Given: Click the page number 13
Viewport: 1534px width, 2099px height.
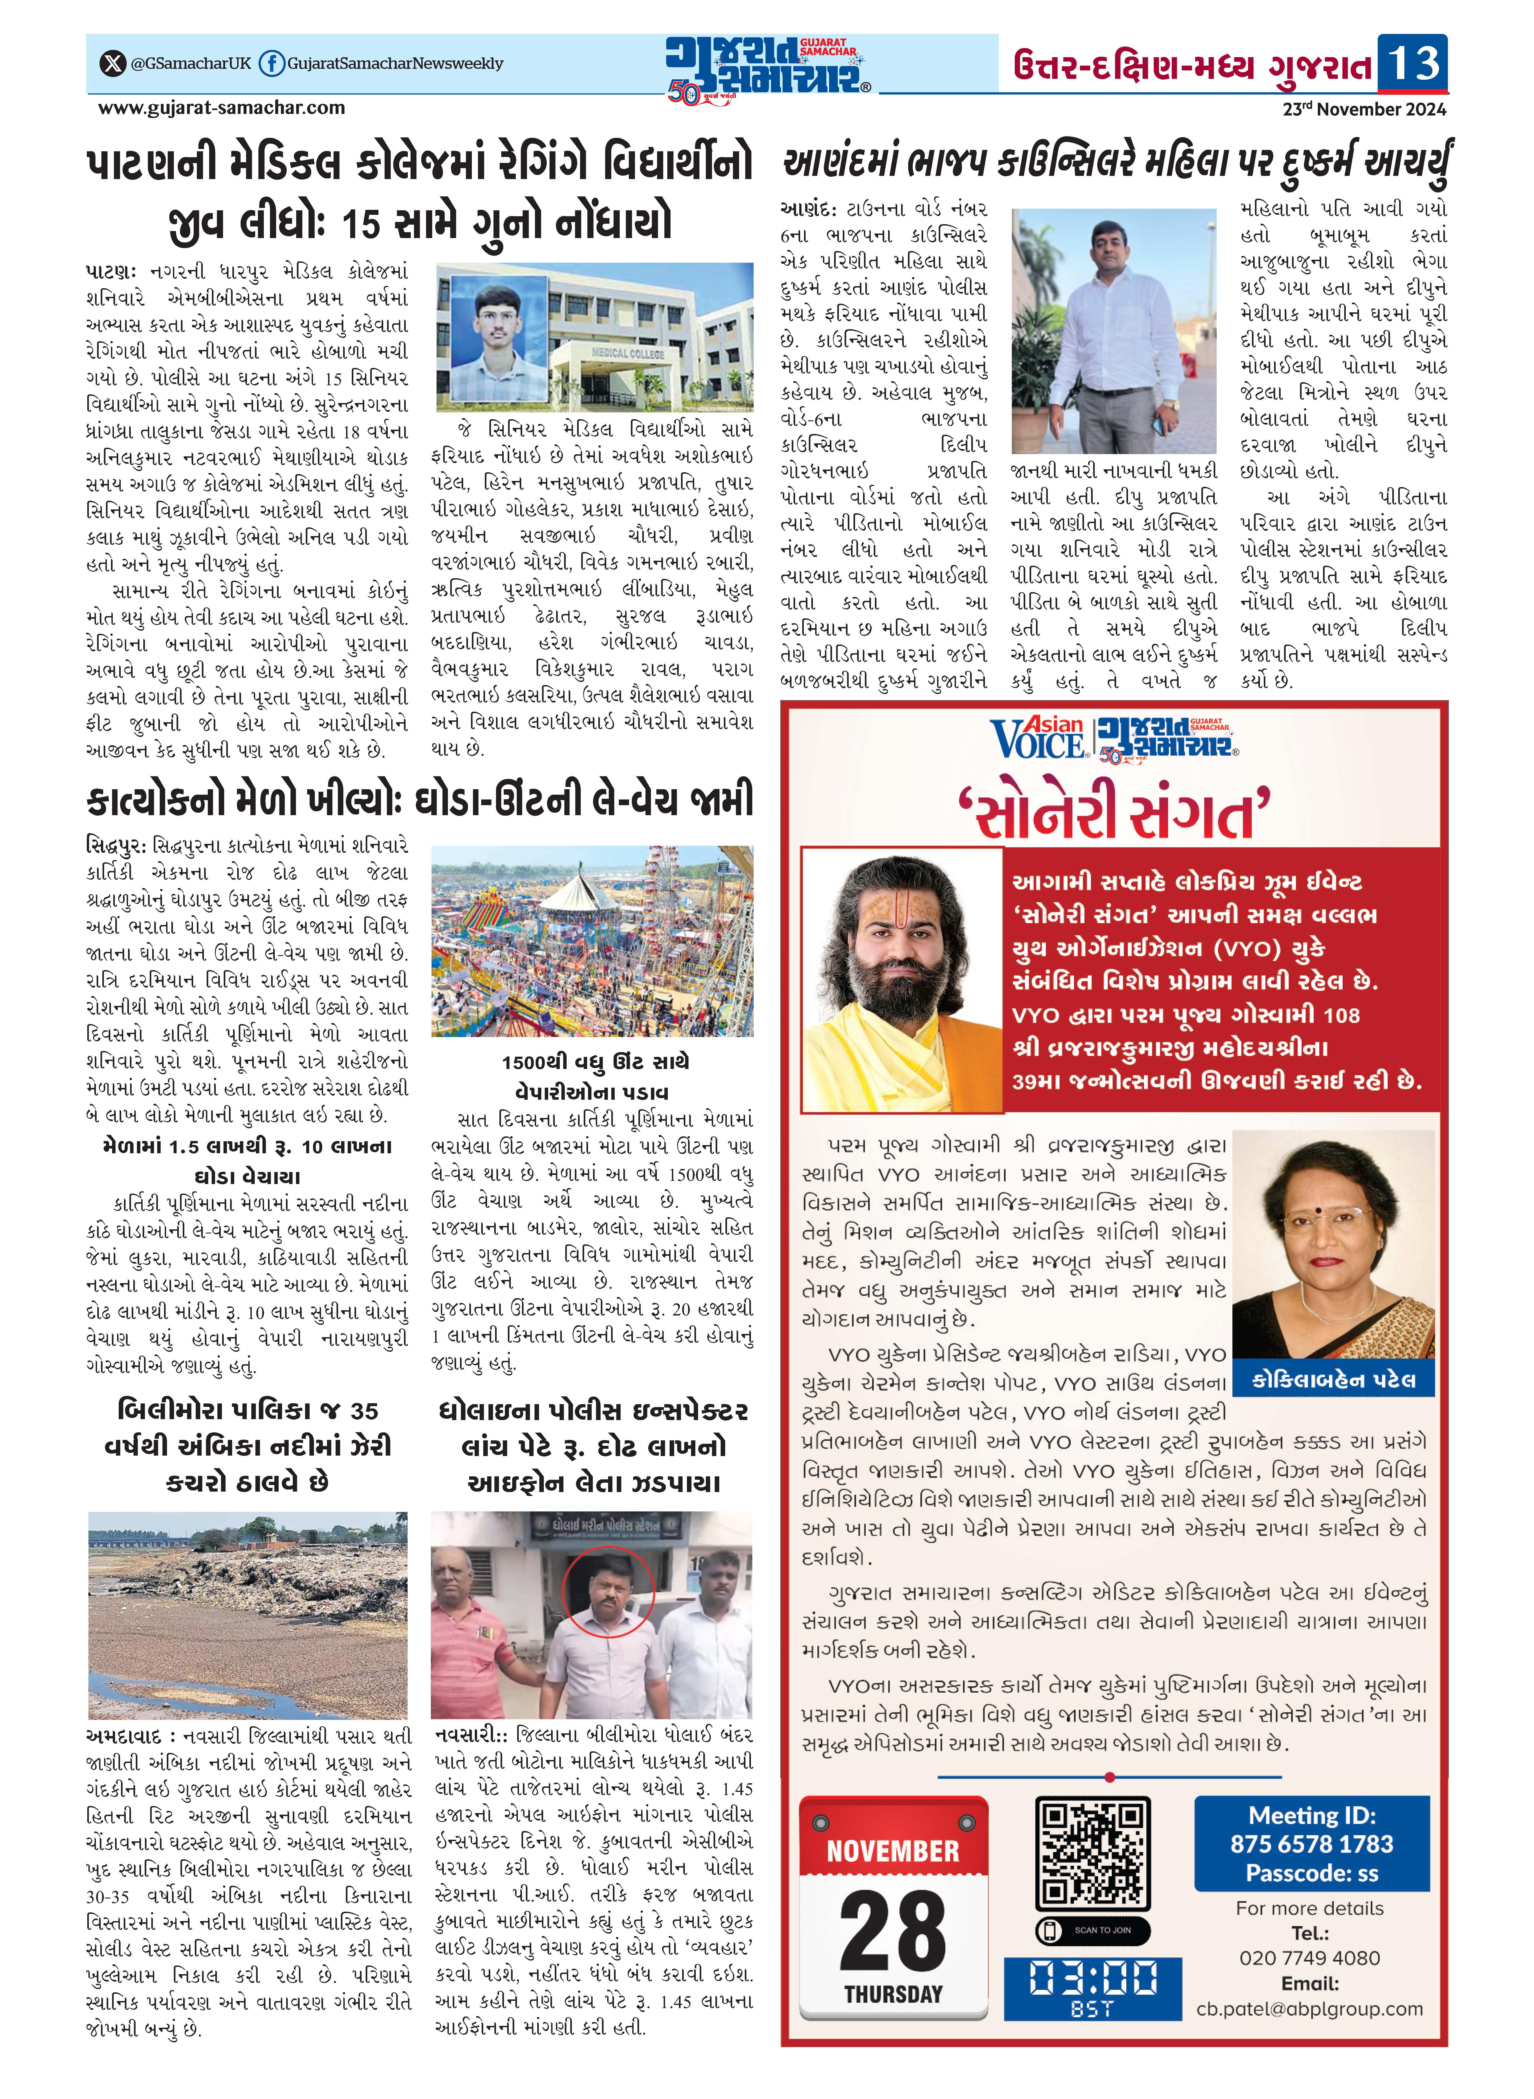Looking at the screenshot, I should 1412,63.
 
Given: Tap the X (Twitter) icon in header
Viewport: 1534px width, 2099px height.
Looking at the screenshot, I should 112,63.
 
